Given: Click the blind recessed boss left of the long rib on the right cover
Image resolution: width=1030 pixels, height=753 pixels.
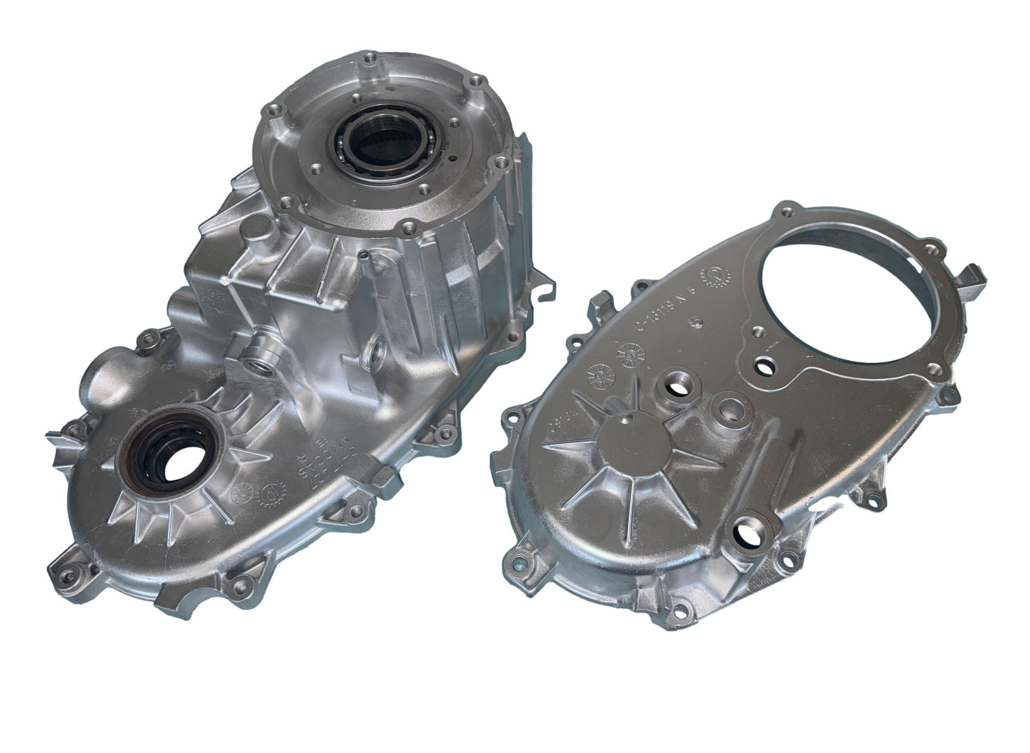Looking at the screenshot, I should click(x=731, y=407).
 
